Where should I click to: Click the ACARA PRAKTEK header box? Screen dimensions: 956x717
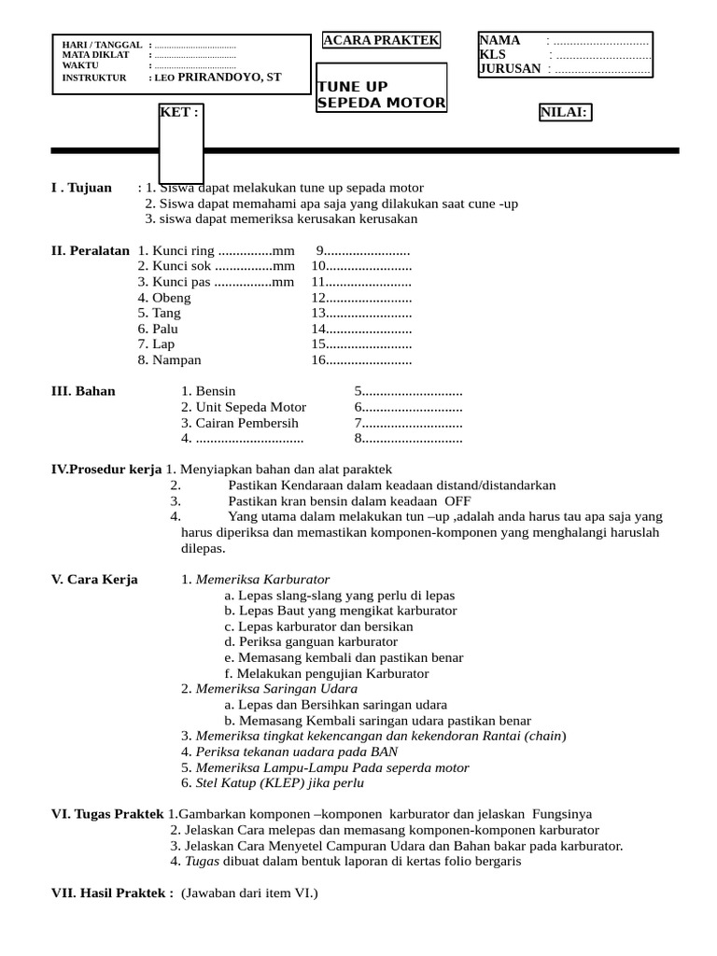(x=380, y=40)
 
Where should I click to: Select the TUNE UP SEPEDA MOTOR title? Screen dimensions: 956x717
(x=381, y=94)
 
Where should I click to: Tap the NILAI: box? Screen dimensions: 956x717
(x=564, y=113)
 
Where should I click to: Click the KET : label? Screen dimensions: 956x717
(x=179, y=113)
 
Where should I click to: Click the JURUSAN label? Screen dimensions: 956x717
(x=510, y=68)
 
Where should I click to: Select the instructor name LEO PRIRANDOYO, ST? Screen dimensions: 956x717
(x=218, y=77)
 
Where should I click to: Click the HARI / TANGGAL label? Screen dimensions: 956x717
(x=102, y=45)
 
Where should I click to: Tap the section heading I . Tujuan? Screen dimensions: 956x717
(x=81, y=188)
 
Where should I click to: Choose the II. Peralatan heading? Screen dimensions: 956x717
(x=90, y=251)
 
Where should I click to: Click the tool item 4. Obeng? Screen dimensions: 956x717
(x=164, y=298)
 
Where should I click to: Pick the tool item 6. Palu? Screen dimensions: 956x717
(x=158, y=329)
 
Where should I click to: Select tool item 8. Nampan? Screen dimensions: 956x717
(x=169, y=359)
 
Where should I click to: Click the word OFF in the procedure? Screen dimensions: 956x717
(x=457, y=501)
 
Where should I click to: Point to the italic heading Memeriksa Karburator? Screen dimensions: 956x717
(x=262, y=580)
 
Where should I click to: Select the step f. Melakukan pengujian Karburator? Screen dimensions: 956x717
(x=327, y=673)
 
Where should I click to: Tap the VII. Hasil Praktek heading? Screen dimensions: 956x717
(x=112, y=893)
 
